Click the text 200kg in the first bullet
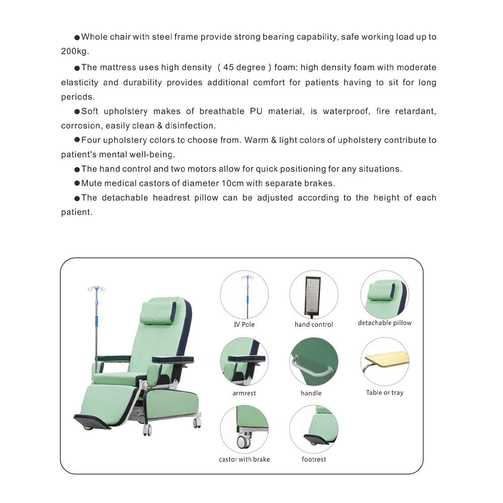click(x=75, y=52)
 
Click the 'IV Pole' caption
click(x=244, y=325)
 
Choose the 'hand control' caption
click(x=313, y=325)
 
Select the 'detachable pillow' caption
click(x=384, y=323)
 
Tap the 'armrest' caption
click(x=244, y=393)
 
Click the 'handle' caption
click(x=311, y=393)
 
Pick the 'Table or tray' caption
click(x=384, y=393)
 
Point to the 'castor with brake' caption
click(x=244, y=459)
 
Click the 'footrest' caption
click(x=313, y=459)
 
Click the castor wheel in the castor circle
click(x=243, y=442)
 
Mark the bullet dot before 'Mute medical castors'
click(x=77, y=184)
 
